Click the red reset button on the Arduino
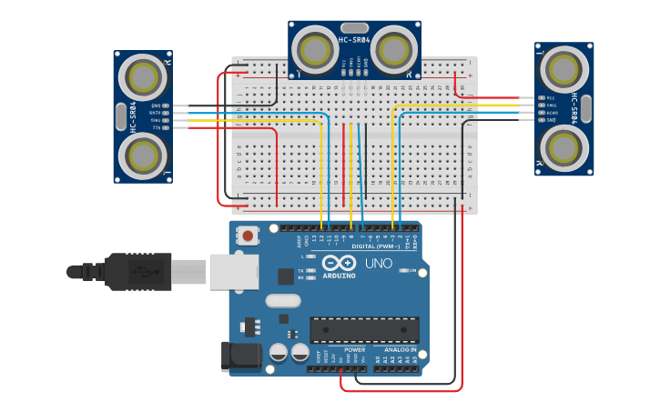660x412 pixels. (246, 236)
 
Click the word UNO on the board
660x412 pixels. (378, 264)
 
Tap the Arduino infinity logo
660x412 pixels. (339, 262)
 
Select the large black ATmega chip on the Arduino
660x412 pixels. (364, 330)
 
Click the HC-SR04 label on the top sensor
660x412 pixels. (354, 40)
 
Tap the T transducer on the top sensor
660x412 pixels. (315, 47)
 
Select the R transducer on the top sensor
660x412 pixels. (393, 47)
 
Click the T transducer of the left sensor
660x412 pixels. (144, 155)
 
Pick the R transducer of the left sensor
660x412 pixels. (144, 78)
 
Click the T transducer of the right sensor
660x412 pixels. (564, 69)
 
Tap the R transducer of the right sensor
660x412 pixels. (564, 146)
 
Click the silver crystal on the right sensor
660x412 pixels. (586, 108)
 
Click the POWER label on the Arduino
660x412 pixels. (355, 349)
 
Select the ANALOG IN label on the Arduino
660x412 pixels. (400, 349)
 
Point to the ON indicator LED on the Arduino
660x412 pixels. (401, 271)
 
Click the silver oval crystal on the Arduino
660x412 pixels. (283, 300)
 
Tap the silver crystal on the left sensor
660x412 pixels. (121, 116)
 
